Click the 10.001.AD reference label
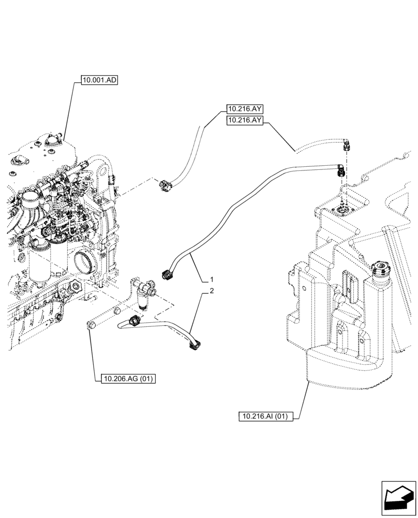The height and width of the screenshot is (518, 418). pos(99,80)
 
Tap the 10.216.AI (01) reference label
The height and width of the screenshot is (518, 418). pos(266,416)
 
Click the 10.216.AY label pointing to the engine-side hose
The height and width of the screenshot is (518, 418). pos(244,109)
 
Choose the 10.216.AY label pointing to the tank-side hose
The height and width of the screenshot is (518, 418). pos(244,121)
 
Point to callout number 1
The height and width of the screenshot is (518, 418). pos(212,280)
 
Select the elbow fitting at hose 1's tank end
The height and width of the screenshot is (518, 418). pos(340,169)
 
